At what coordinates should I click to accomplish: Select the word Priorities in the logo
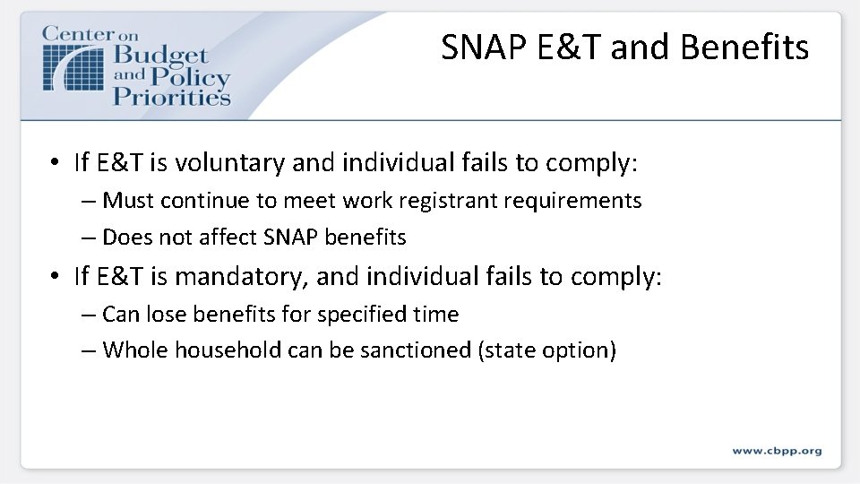click(171, 96)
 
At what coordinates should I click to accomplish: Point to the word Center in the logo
click(79, 33)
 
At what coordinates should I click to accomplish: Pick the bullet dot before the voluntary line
click(56, 163)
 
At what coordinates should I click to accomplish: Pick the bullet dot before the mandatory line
click(56, 277)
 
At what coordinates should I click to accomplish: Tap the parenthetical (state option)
click(546, 350)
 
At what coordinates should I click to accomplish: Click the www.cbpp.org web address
click(777, 451)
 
